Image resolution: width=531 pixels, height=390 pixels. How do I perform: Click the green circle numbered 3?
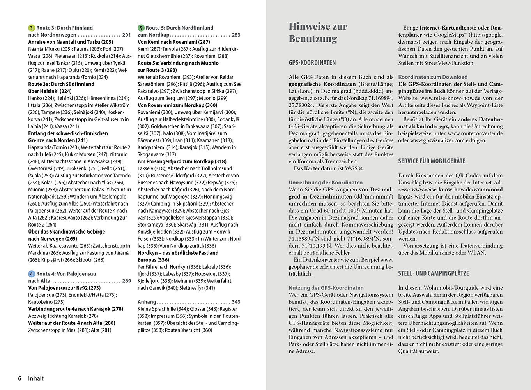click(x=32, y=28)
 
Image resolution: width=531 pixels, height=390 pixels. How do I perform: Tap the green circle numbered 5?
click(x=141, y=28)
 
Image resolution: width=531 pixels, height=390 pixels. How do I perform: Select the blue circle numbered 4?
click(x=32, y=274)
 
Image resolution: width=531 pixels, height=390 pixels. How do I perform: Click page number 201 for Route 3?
click(x=127, y=35)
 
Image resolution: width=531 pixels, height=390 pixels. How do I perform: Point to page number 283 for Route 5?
click(x=236, y=35)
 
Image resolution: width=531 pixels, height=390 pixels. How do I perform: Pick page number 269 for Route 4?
click(x=127, y=281)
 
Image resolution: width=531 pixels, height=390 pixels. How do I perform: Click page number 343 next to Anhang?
click(x=236, y=302)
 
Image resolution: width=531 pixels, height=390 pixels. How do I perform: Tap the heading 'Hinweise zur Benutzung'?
click(x=318, y=32)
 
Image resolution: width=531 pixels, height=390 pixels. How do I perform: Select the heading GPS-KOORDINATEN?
click(x=312, y=63)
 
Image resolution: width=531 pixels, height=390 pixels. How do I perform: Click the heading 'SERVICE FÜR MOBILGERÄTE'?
click(x=432, y=161)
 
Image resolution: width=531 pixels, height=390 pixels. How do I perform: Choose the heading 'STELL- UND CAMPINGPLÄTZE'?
click(x=434, y=274)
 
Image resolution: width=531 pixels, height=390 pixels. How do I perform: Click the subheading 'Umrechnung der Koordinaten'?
click(x=326, y=183)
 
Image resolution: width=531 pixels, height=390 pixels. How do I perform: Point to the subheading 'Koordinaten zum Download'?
click(x=433, y=77)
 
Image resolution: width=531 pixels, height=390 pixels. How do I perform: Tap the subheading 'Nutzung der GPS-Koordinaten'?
click(x=326, y=288)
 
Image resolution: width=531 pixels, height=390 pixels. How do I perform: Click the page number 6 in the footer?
click(x=19, y=378)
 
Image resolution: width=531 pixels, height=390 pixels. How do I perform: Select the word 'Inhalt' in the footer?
click(x=36, y=378)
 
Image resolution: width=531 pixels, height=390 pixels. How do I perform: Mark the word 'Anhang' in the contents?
click(x=147, y=302)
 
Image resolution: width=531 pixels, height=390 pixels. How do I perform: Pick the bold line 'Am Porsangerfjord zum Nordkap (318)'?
click(x=182, y=161)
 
